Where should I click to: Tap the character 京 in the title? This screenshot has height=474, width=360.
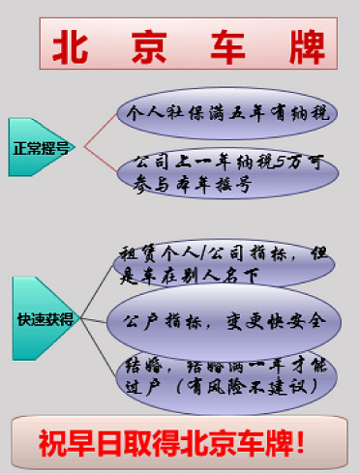[x=152, y=46]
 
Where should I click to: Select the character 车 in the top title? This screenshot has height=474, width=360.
[x=228, y=46]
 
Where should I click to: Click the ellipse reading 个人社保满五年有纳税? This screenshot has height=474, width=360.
[x=225, y=112]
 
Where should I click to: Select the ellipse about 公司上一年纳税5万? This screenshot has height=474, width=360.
[x=225, y=174]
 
